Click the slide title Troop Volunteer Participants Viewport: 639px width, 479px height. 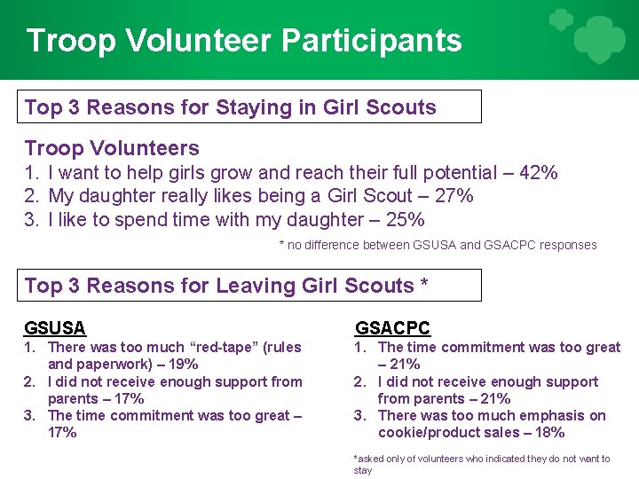[x=244, y=41]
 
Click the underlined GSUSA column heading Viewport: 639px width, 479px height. [x=55, y=327]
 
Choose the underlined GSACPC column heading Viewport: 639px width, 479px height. [x=392, y=327]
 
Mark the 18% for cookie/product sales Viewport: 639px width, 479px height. [x=548, y=433]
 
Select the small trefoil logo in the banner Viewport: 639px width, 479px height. [x=560, y=20]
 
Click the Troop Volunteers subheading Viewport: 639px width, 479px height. [x=112, y=148]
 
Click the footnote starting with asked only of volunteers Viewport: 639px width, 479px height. [x=481, y=464]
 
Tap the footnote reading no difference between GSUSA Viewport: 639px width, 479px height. [x=438, y=245]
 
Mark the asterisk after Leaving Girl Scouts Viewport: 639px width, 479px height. [x=424, y=284]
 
